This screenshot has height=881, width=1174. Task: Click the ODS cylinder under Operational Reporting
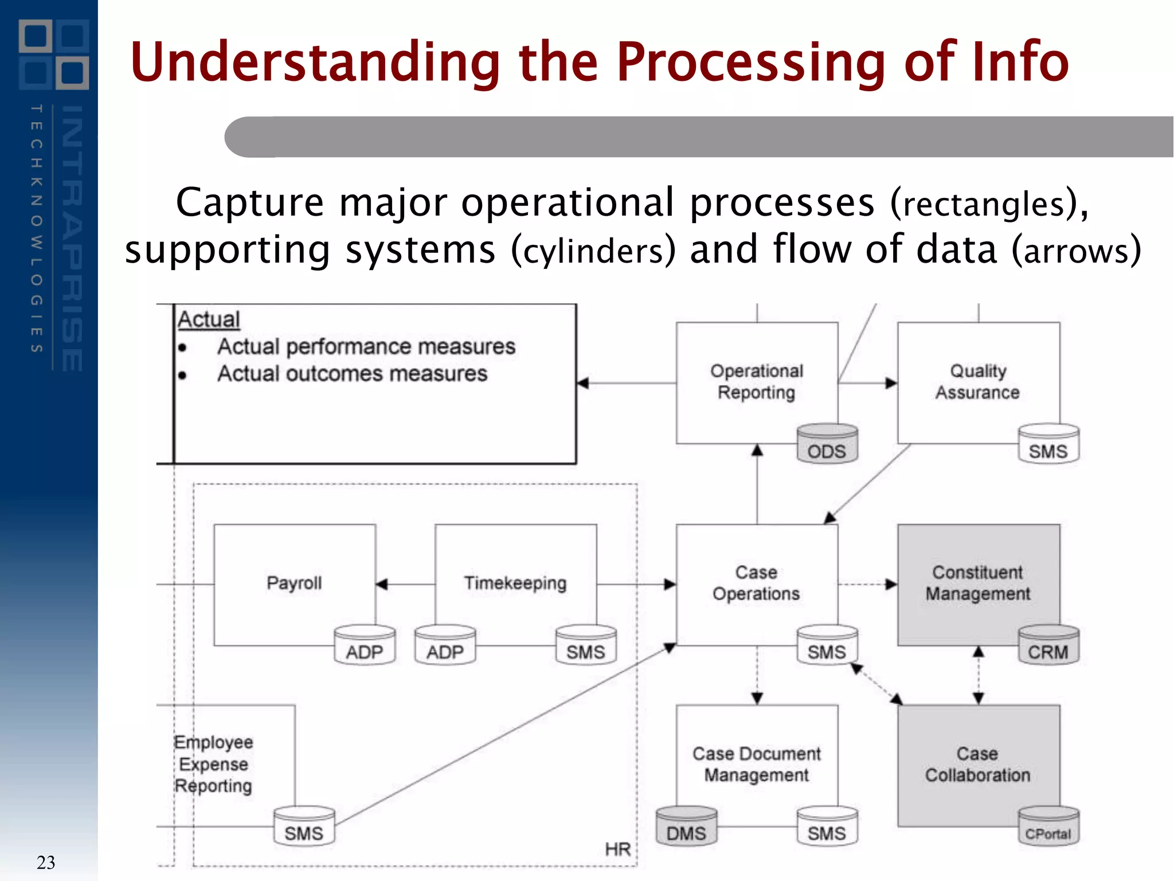(827, 445)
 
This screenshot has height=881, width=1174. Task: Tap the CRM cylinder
(1048, 646)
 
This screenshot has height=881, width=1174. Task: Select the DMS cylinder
(686, 827)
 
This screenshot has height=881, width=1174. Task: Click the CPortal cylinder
(1048, 827)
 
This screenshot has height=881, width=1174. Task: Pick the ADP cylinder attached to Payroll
(365, 646)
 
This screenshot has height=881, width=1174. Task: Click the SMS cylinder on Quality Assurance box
(1048, 445)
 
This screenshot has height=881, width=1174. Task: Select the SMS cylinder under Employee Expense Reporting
(304, 827)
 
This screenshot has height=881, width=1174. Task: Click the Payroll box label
(294, 583)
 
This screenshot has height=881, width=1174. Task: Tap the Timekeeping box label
(515, 583)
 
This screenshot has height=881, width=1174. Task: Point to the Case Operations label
(756, 583)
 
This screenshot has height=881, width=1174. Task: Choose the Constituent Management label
(978, 583)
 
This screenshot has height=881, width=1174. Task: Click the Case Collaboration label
(978, 764)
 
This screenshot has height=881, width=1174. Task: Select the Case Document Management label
(756, 764)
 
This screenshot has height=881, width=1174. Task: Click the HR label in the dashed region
(617, 849)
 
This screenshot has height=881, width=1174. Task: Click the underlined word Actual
(209, 319)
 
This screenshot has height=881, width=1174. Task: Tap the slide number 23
(46, 862)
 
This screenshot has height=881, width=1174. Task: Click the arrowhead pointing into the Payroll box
(382, 584)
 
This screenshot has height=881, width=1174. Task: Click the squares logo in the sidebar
(54, 54)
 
